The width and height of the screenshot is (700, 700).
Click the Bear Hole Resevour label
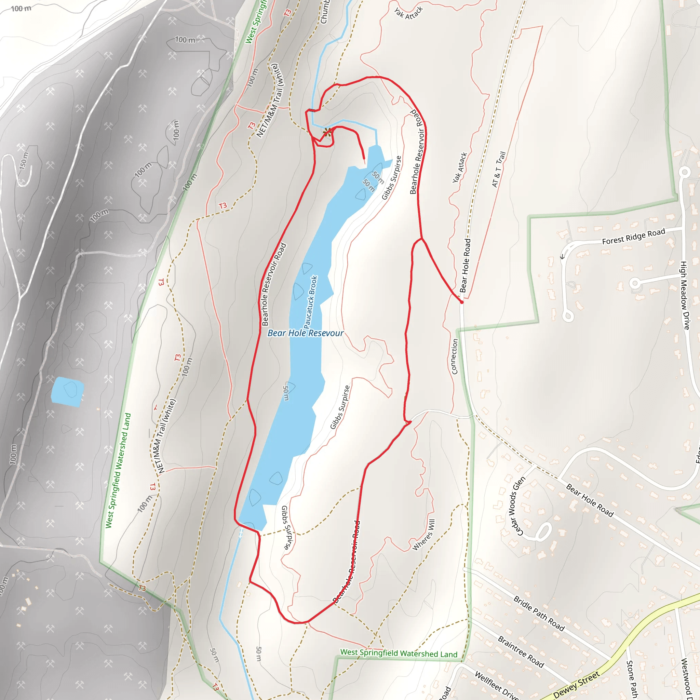pyautogui.click(x=305, y=333)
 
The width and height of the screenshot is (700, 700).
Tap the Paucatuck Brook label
pyautogui.click(x=310, y=302)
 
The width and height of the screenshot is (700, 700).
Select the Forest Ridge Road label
pyautogui.click(x=633, y=236)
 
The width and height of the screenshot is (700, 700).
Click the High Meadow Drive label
pyautogui.click(x=684, y=295)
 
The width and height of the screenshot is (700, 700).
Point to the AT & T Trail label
pyautogui.click(x=499, y=169)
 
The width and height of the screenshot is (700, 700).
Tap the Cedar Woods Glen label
pyautogui.click(x=516, y=506)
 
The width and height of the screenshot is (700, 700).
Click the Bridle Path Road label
pyautogui.click(x=539, y=614)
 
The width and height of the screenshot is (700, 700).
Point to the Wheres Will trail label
pyautogui.click(x=424, y=535)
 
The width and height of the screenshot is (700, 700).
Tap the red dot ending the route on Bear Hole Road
pyautogui.click(x=461, y=302)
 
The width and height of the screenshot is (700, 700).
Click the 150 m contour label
pyautogui.click(x=24, y=161)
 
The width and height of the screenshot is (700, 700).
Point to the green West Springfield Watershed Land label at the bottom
pyautogui.click(x=399, y=653)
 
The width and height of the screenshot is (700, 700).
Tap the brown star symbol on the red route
pyautogui.click(x=327, y=132)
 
